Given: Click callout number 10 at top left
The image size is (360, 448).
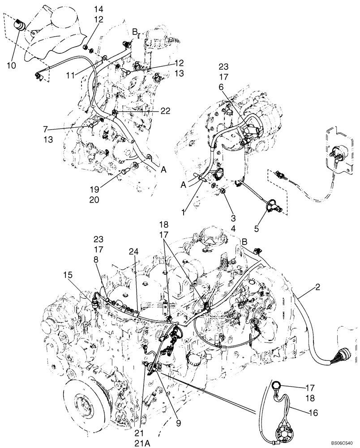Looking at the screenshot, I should point(12,65).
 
